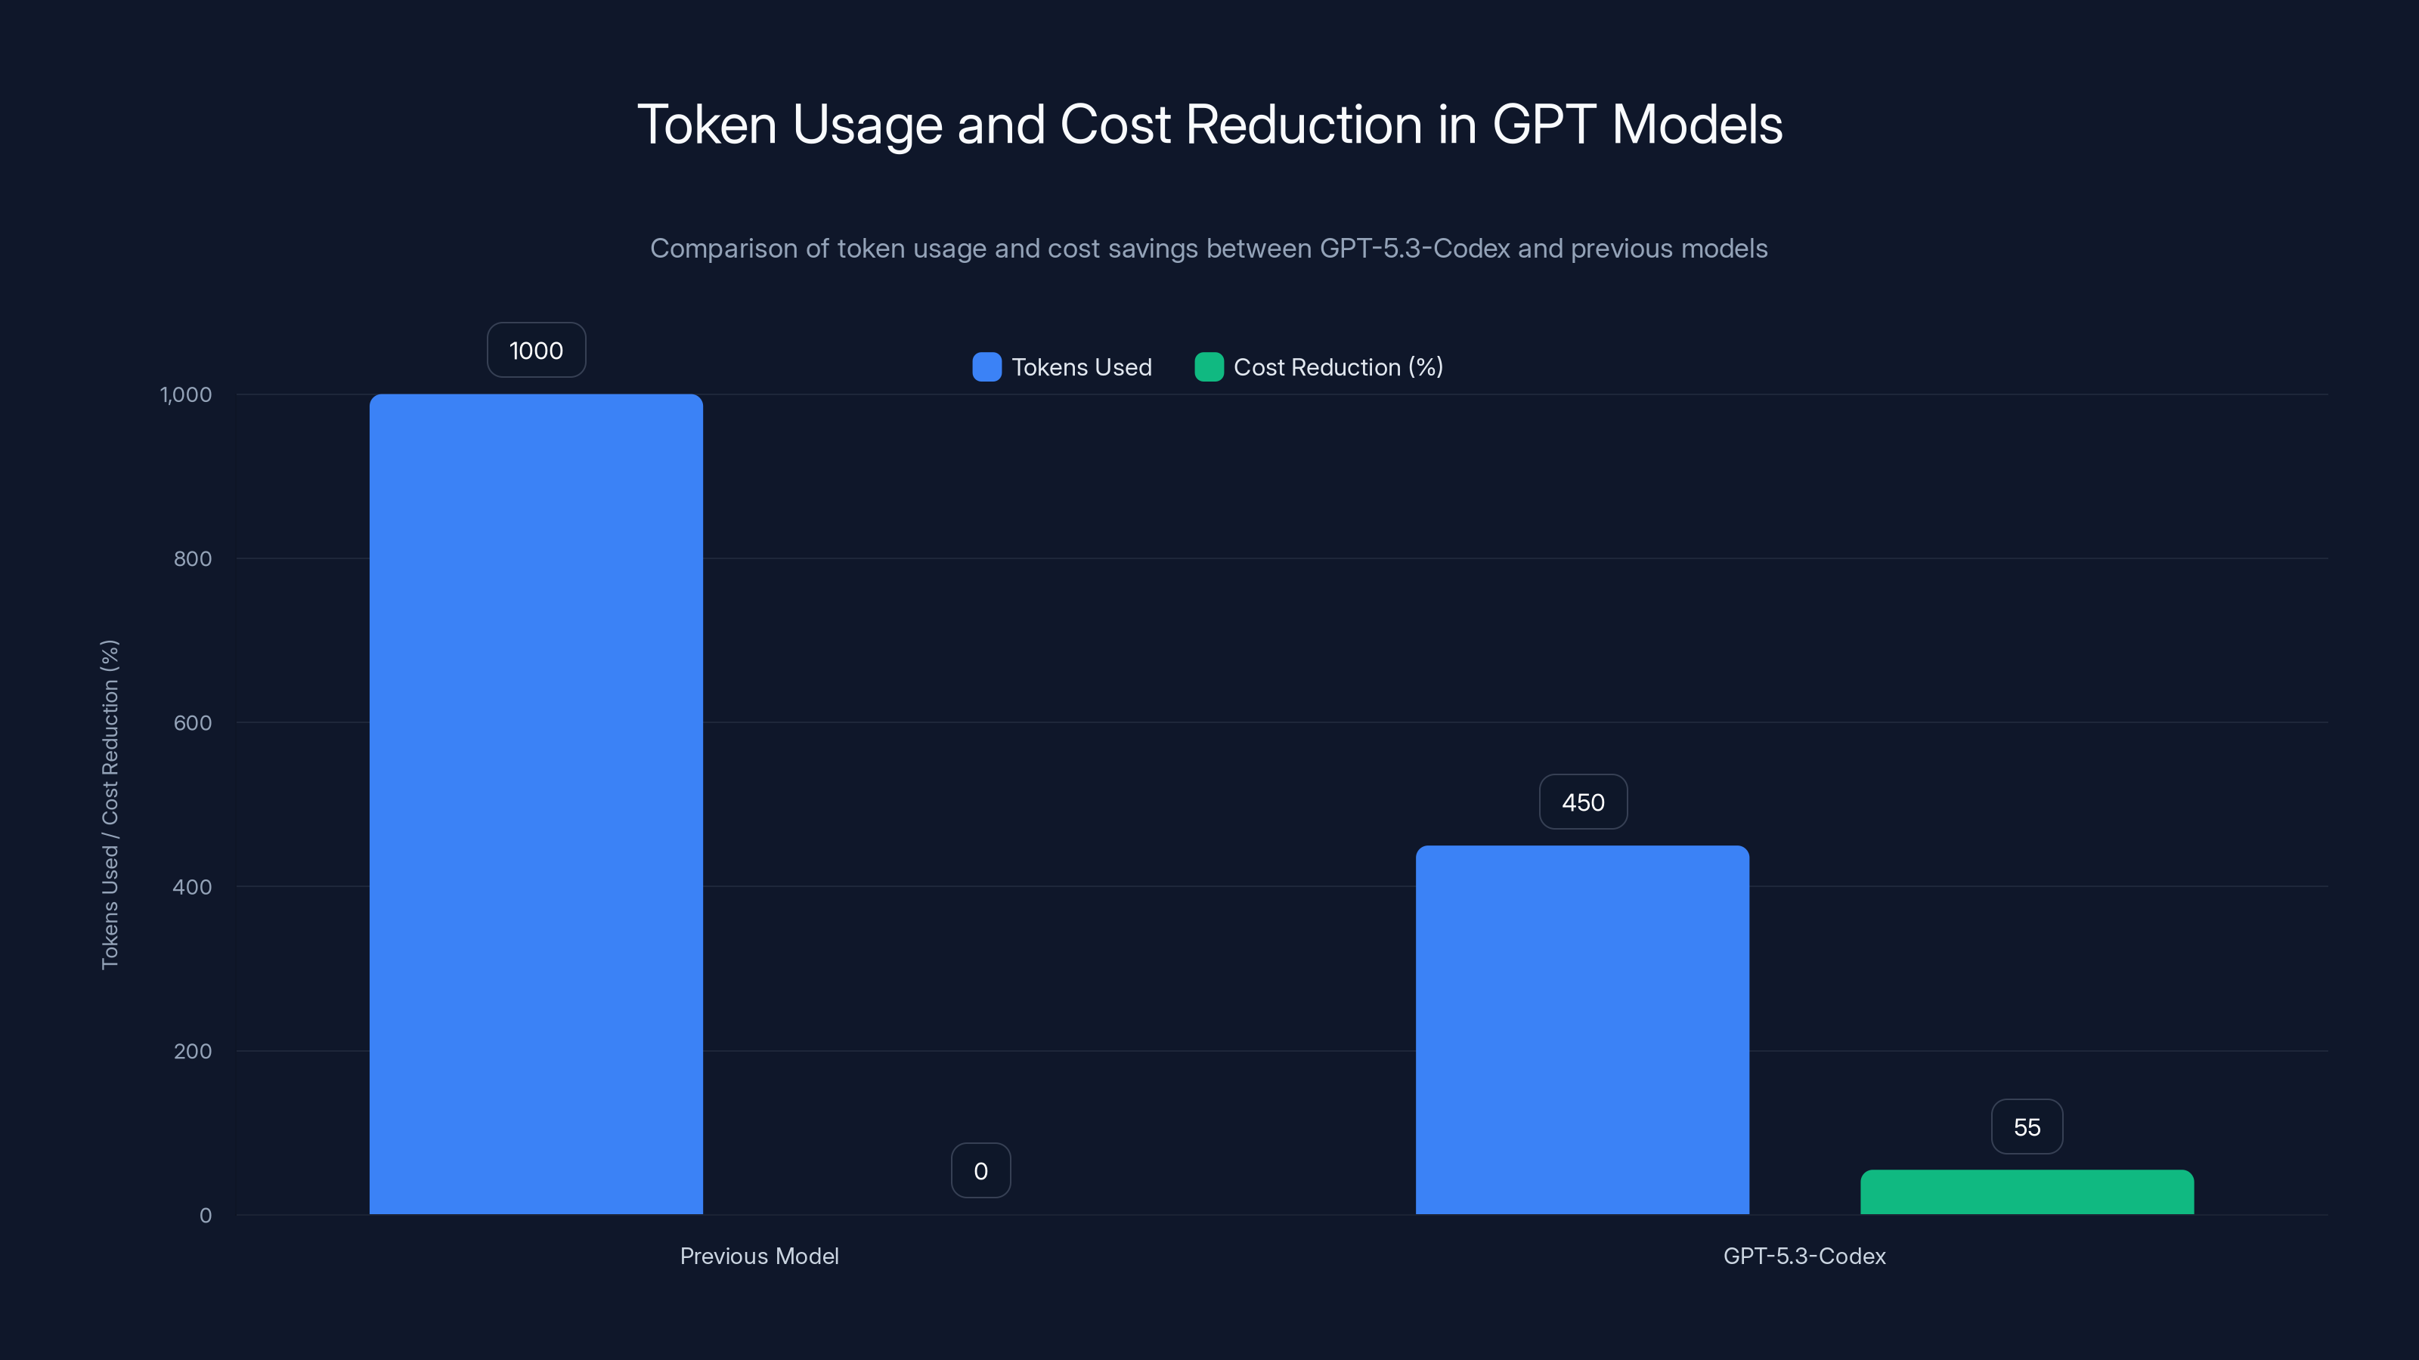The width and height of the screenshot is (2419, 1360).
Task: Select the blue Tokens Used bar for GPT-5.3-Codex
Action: [x=1582, y=1030]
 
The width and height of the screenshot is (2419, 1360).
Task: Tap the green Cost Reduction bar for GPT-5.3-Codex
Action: [x=2027, y=1192]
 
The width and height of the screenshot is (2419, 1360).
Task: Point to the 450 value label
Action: [x=1583, y=802]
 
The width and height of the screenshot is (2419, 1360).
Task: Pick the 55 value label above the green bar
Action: [x=2027, y=1127]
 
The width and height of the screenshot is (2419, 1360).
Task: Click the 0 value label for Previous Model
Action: [x=980, y=1171]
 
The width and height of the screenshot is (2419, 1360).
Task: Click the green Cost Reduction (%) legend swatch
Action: [x=1209, y=367]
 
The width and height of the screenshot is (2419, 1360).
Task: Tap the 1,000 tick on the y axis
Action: [x=186, y=395]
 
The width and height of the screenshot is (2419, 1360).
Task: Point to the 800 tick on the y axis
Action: [x=193, y=559]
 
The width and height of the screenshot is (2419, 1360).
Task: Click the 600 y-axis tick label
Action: [x=193, y=724]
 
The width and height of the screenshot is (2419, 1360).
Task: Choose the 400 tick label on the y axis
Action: [x=193, y=888]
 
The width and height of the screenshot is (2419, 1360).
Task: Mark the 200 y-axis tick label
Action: [x=193, y=1051]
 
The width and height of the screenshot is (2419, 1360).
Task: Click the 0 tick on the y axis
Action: [x=206, y=1216]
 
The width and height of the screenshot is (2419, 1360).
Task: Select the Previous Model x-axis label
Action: [x=759, y=1256]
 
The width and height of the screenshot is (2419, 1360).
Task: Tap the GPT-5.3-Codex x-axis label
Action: [x=1804, y=1256]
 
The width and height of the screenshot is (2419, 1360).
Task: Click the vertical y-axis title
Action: [x=110, y=805]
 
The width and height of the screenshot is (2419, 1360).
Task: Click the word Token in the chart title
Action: [x=707, y=125]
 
